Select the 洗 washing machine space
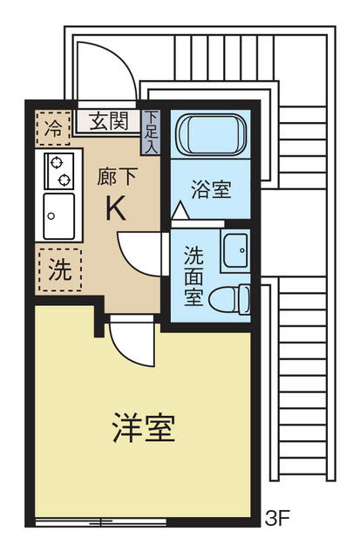(59, 269)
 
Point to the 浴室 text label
(211, 189)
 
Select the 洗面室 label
(194, 276)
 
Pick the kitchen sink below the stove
(58, 212)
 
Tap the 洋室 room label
(144, 428)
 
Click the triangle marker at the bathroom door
(179, 211)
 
